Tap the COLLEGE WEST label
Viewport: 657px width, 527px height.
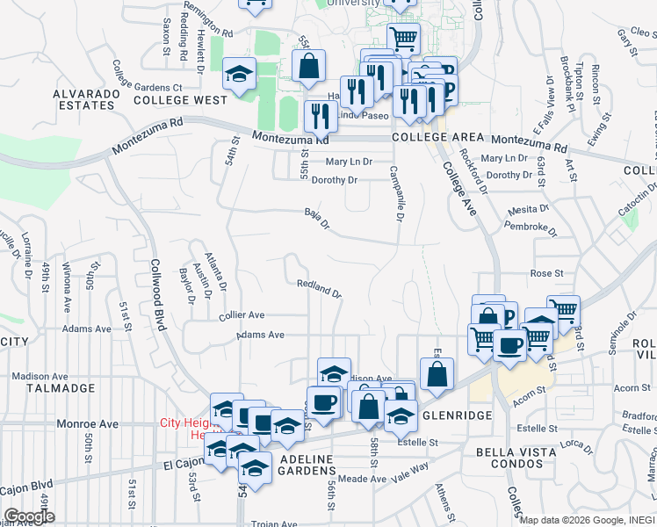pyautogui.click(x=180, y=100)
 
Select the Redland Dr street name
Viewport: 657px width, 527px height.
pyautogui.click(x=318, y=287)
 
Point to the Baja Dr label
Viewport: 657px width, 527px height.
pyautogui.click(x=316, y=218)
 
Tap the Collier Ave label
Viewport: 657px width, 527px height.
pyautogui.click(x=242, y=314)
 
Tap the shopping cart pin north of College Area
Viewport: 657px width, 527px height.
pyautogui.click(x=403, y=37)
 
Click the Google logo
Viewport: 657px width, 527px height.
pyautogui.click(x=29, y=516)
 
